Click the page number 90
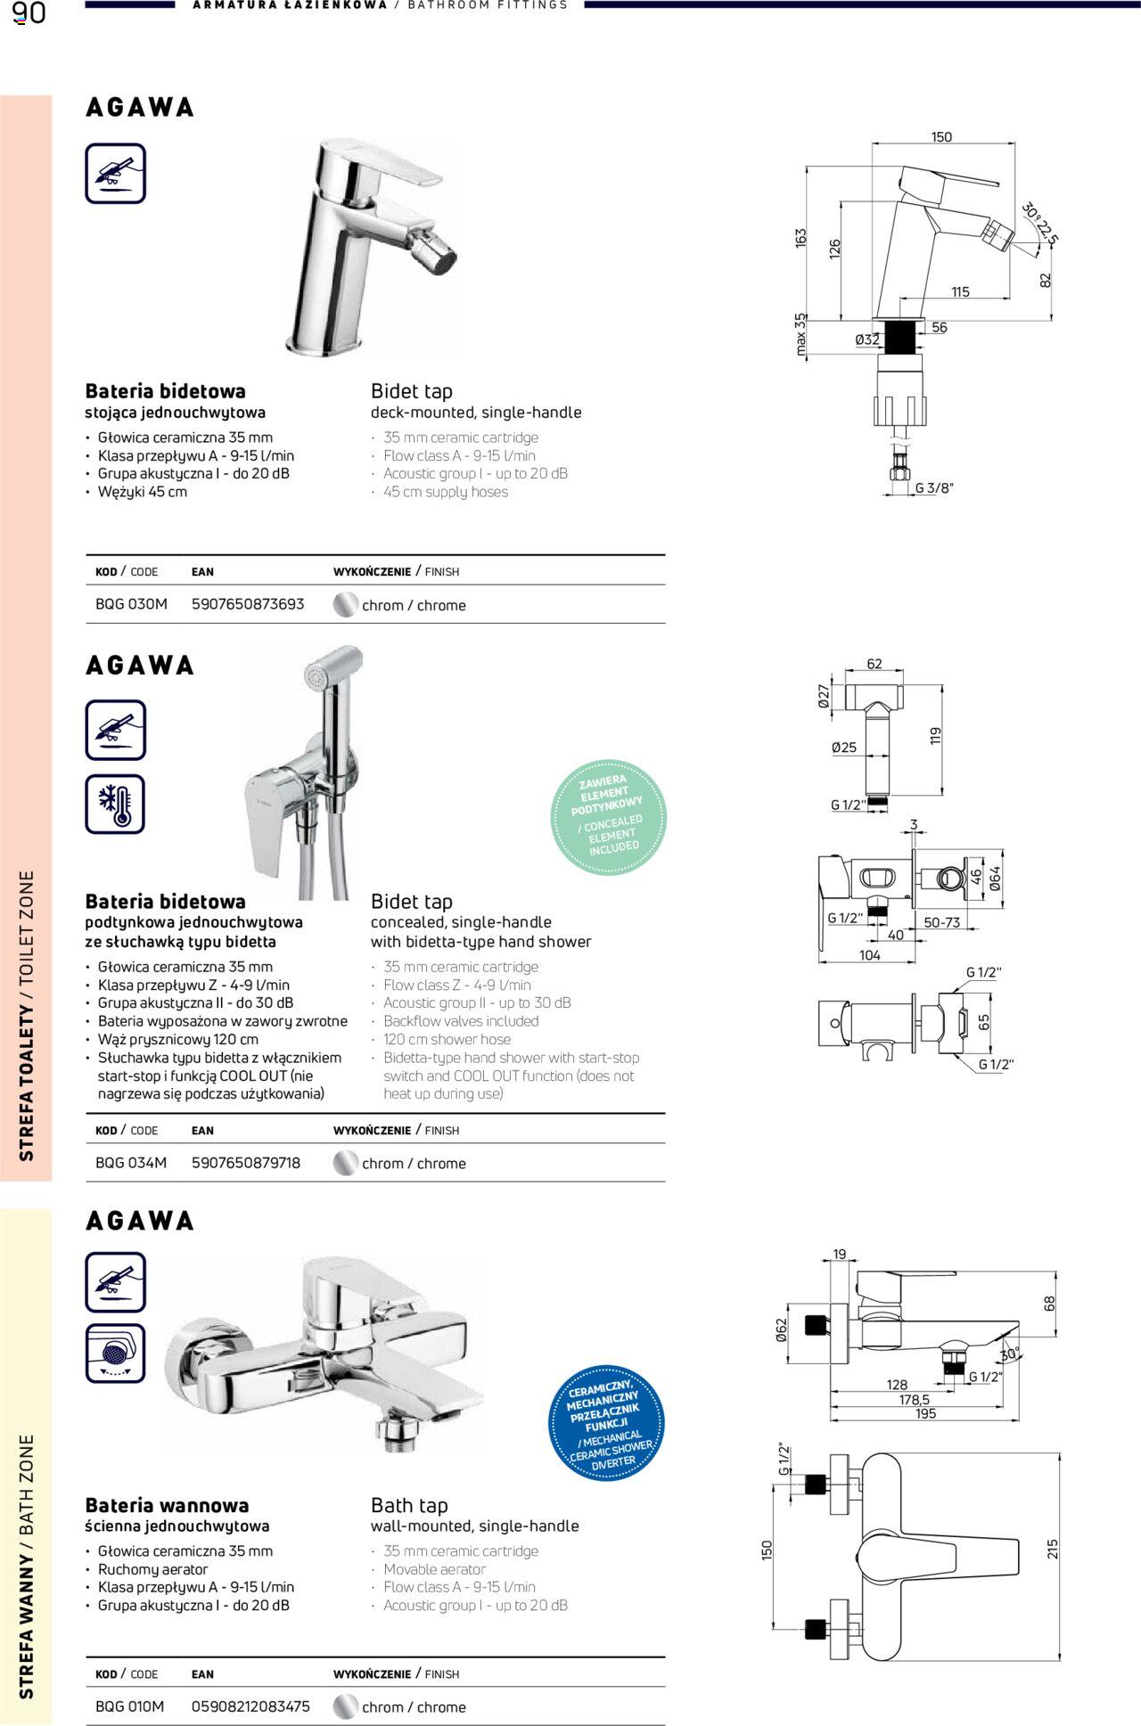(x=29, y=13)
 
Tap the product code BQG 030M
(x=131, y=604)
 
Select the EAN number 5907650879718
(x=246, y=1163)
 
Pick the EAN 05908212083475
(x=250, y=1706)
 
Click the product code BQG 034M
(x=131, y=1163)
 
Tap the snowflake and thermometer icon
(x=116, y=805)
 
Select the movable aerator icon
(x=116, y=1354)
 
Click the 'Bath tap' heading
(x=409, y=1505)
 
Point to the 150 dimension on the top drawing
(x=941, y=137)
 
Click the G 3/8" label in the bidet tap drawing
(x=934, y=488)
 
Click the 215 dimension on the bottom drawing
(x=1053, y=1549)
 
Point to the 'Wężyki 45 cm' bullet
(x=143, y=492)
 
